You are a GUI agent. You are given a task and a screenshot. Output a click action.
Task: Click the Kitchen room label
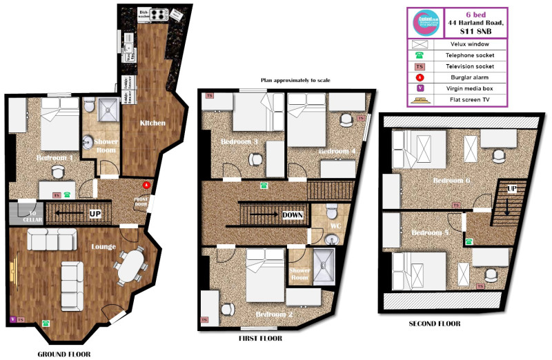[x=152, y=123]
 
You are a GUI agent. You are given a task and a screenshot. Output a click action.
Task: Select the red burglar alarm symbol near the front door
[x=146, y=186]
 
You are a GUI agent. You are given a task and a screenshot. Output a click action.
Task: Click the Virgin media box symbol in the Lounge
[x=12, y=320]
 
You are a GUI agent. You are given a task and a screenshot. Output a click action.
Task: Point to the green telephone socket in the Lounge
[x=46, y=322]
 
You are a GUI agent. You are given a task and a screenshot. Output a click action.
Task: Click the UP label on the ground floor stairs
[x=95, y=214]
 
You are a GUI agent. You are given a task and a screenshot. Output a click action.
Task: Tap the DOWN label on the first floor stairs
[x=293, y=215]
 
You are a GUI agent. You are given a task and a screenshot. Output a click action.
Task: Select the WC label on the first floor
[x=335, y=226]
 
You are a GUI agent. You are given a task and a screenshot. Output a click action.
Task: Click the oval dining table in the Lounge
[x=131, y=266]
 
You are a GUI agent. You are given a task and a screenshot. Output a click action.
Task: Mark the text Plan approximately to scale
[x=295, y=81]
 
